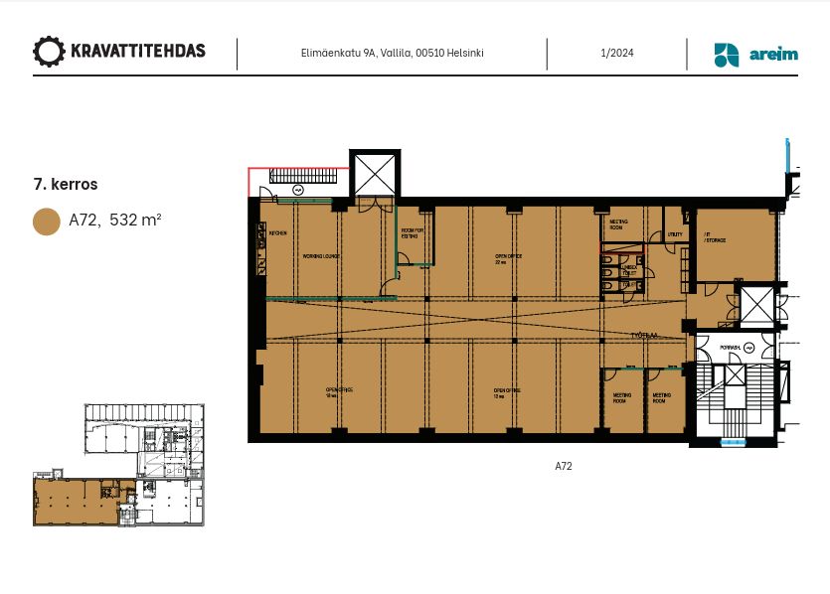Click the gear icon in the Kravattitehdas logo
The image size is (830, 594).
pyautogui.click(x=49, y=52)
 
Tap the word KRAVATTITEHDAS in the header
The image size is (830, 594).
pyautogui.click(x=138, y=52)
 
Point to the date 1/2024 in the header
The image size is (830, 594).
pyautogui.click(x=617, y=54)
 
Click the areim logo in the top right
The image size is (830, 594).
pyautogui.click(x=755, y=55)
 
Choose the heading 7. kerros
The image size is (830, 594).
pyautogui.click(x=66, y=184)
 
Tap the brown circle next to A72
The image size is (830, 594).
pyautogui.click(x=47, y=221)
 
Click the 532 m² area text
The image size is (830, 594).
pyautogui.click(x=135, y=221)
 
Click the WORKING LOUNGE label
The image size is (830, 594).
pyautogui.click(x=321, y=256)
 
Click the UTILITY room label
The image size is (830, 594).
pyautogui.click(x=675, y=235)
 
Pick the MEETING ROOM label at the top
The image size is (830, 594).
pyautogui.click(x=618, y=223)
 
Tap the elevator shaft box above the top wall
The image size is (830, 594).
pyautogui.click(x=375, y=175)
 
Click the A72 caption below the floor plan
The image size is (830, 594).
pyautogui.click(x=564, y=466)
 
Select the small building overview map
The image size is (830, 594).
pyautogui.click(x=118, y=464)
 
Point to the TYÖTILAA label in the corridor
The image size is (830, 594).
pyautogui.click(x=644, y=335)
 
